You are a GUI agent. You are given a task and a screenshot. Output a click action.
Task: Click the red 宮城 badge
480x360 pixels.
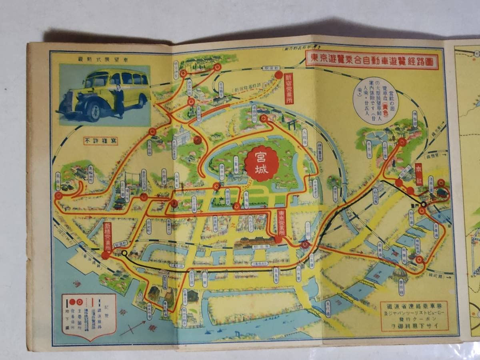pos(262,164)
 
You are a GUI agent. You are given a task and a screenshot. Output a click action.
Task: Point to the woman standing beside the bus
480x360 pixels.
pos(119,98)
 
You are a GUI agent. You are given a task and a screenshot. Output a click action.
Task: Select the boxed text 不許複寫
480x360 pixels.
pos(101,141)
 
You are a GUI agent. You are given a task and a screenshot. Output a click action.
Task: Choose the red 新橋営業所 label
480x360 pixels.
pos(107,236)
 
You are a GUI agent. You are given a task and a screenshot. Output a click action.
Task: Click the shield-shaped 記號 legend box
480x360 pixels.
pos(89,316)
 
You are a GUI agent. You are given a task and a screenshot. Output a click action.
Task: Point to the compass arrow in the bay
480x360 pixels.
pos(132,328)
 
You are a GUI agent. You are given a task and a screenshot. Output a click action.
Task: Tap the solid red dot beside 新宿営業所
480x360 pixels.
pos(279,74)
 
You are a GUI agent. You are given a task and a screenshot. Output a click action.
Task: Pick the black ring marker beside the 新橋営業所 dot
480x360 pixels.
pos(124,253)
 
